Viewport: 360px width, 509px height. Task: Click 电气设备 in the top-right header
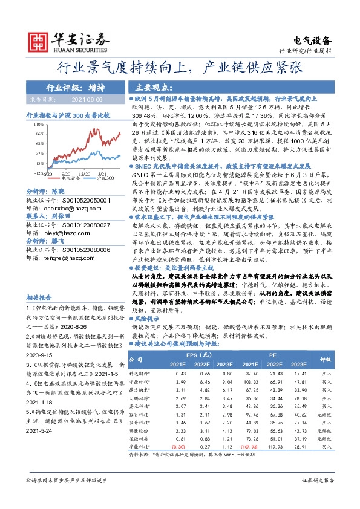click(312, 41)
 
